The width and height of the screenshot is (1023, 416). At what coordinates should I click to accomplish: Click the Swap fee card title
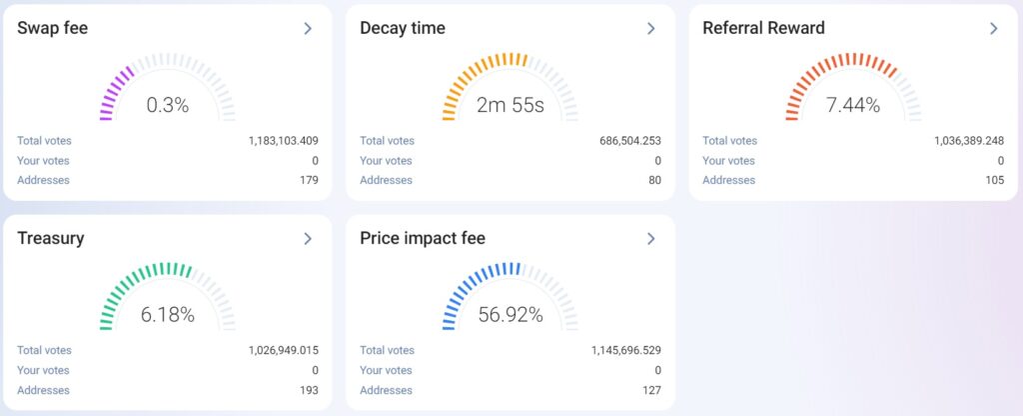53,28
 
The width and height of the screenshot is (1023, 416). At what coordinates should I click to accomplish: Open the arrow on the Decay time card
650,29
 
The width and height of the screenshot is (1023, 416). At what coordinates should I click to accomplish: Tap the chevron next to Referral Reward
993,29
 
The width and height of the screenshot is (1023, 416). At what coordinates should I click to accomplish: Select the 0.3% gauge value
167,104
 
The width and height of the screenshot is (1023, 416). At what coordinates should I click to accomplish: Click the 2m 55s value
510,104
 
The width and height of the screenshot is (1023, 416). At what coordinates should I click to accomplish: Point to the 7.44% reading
852,104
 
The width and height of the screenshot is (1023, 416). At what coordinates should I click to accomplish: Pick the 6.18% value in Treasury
167,314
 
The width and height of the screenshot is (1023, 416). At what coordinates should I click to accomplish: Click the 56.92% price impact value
510,314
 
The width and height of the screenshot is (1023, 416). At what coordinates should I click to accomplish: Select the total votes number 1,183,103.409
283,141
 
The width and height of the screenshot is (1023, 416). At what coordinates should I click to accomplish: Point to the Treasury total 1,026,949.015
283,351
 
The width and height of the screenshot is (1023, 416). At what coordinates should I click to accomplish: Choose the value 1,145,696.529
625,351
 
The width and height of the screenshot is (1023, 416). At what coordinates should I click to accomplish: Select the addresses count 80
654,180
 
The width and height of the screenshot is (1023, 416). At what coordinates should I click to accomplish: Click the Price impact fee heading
423,238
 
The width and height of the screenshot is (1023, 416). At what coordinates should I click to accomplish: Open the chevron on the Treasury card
308,239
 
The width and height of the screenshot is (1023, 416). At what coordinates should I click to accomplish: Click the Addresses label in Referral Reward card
728,180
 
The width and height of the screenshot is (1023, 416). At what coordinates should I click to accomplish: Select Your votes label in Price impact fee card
386,370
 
